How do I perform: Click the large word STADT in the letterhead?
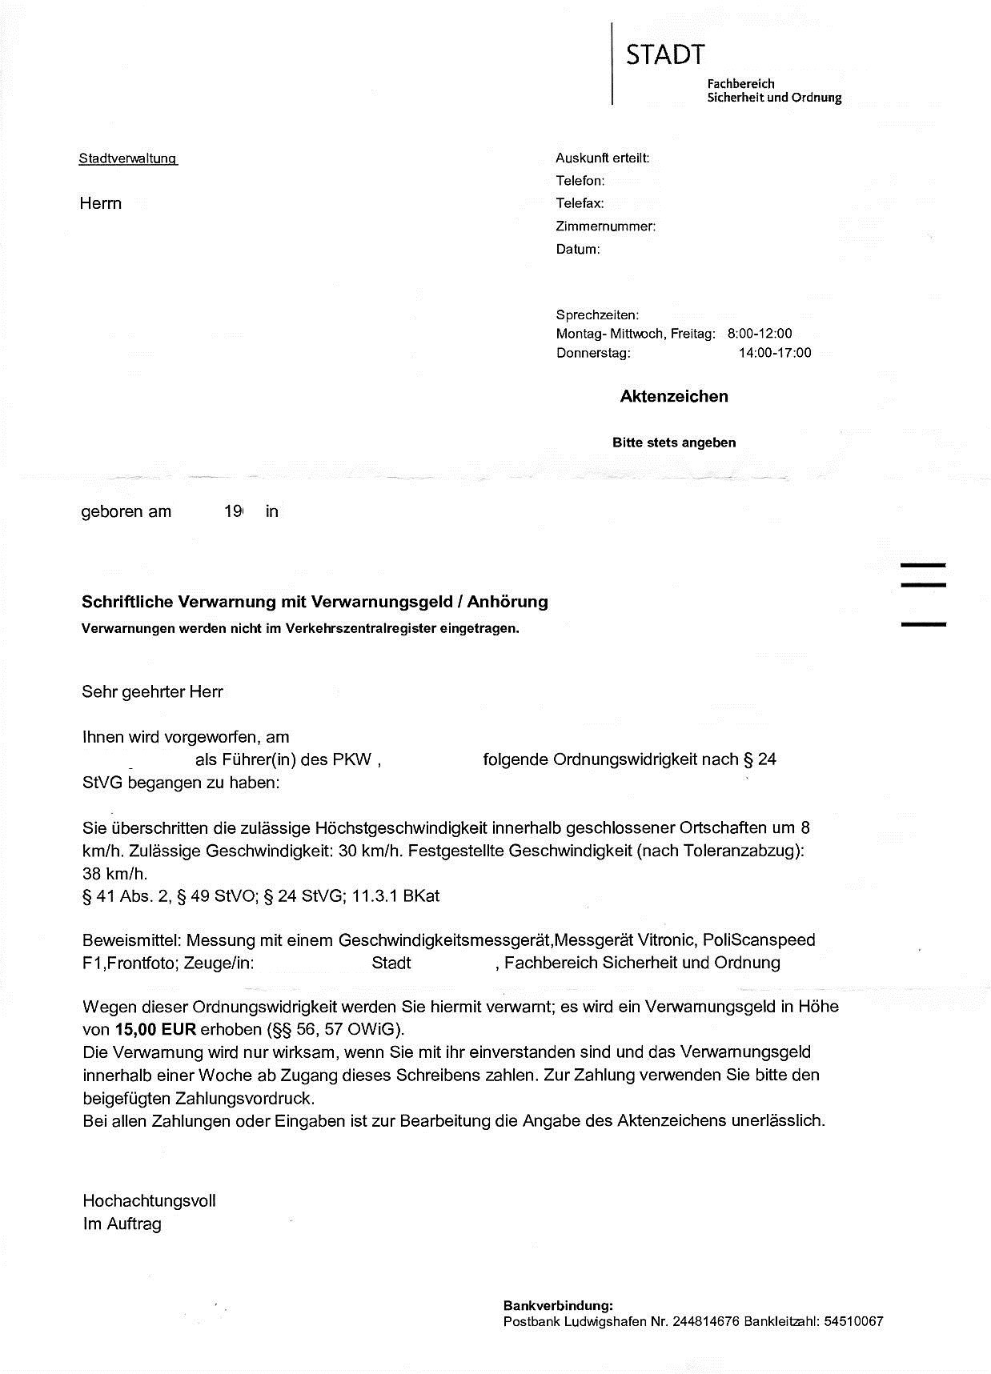click(665, 55)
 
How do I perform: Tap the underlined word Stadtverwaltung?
click(127, 158)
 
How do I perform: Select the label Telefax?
click(580, 203)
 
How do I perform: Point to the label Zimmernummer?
click(605, 226)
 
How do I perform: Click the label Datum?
click(577, 250)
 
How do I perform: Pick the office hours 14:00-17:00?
click(774, 353)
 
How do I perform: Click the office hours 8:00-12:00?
click(759, 334)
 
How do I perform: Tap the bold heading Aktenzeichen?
click(674, 396)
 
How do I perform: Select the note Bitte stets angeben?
click(674, 443)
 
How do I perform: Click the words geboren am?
click(126, 512)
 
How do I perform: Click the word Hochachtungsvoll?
click(149, 1200)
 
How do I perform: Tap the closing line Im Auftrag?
click(122, 1224)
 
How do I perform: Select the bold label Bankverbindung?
click(558, 1305)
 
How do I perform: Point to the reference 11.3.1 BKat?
click(395, 896)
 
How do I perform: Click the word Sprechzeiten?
click(597, 315)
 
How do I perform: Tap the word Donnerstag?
click(593, 353)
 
